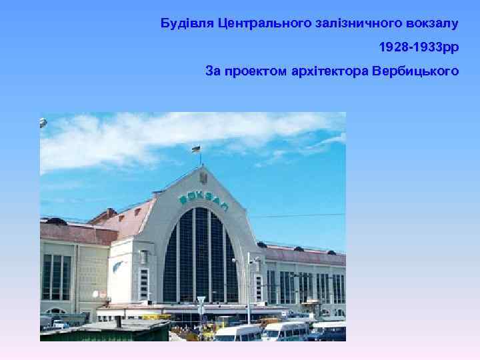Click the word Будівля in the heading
(187, 24)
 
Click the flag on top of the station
(197, 149)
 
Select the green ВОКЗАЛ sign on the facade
(203, 199)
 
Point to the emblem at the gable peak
(203, 178)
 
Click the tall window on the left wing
(56, 277)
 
